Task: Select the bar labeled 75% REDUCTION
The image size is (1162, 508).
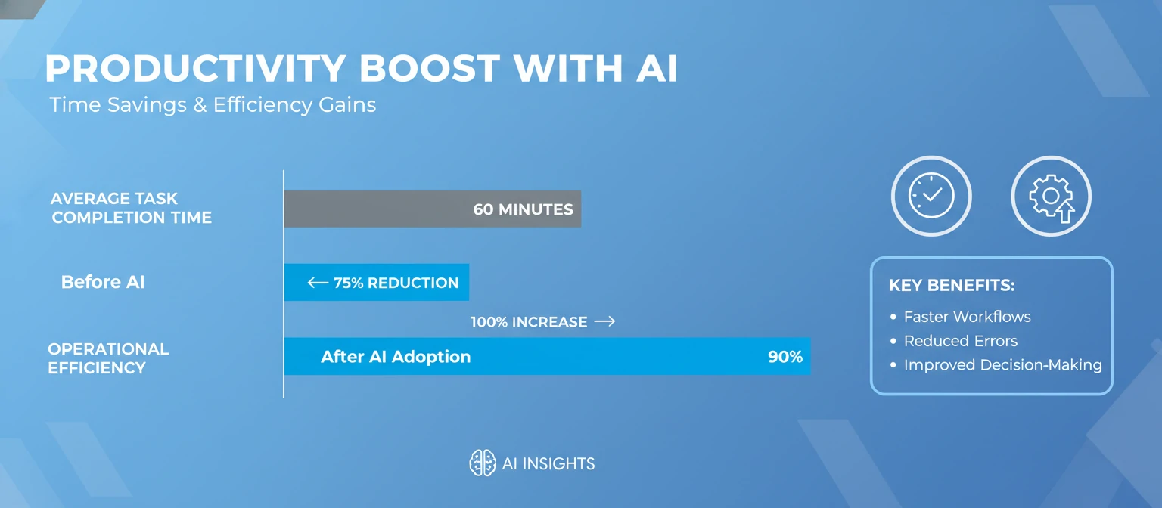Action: (x=376, y=283)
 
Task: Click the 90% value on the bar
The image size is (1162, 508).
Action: (x=785, y=357)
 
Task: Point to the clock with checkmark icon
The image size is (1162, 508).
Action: (x=931, y=197)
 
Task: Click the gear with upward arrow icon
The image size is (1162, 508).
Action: (x=1052, y=197)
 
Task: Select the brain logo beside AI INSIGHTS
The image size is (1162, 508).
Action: (x=482, y=463)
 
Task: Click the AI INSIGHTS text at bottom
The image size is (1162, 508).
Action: (x=548, y=463)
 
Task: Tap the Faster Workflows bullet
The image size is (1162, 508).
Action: (x=967, y=317)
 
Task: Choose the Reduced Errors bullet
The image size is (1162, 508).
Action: (x=960, y=341)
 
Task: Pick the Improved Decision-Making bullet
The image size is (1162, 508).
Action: (x=1002, y=365)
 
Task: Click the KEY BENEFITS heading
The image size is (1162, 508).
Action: (x=951, y=286)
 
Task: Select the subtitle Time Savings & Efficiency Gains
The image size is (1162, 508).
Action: (x=213, y=104)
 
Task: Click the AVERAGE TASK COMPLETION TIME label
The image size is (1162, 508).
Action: (x=131, y=208)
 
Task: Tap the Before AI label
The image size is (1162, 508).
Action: (x=103, y=282)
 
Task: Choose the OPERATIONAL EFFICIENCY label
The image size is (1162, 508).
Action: (x=108, y=358)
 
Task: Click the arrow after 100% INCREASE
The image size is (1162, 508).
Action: (x=604, y=321)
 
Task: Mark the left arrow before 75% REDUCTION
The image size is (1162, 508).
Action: (x=318, y=283)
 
